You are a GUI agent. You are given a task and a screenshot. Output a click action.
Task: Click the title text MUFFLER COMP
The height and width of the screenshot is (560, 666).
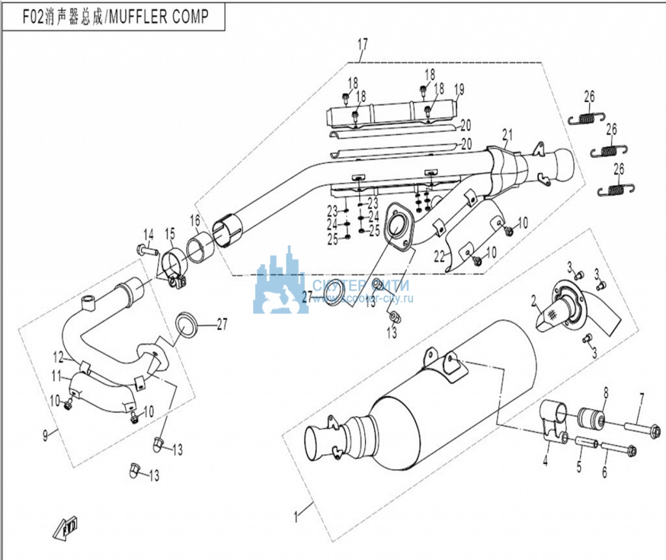coord(159,16)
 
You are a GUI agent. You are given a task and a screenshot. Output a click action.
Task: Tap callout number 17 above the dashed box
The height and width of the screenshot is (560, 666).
coord(362,45)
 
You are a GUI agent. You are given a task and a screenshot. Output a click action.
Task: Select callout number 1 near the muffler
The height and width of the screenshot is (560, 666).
coord(297,518)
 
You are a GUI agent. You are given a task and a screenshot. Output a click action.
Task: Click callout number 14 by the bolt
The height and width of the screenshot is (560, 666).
coord(148,235)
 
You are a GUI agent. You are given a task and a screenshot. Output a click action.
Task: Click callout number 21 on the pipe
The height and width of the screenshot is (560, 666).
coord(507,135)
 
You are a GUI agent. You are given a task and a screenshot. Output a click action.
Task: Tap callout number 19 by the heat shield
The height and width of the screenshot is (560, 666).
coord(459,88)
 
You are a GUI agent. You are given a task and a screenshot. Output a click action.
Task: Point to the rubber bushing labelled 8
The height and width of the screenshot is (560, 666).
coord(592,416)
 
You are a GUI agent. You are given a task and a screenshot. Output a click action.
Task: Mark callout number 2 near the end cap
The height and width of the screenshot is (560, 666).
coord(533,300)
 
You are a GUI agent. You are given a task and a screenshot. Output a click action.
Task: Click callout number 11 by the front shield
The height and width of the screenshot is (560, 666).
coord(57,375)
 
